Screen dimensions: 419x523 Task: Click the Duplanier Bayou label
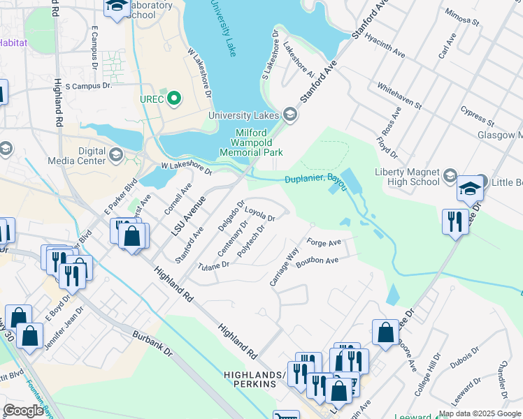click(315, 180)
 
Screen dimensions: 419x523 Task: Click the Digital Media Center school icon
click(116, 155)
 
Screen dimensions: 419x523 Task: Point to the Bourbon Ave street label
click(317, 262)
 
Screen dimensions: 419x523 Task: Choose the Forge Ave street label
click(323, 243)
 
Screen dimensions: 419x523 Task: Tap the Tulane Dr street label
click(213, 266)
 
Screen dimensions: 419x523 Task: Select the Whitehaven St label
click(399, 95)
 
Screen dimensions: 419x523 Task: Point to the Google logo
click(23, 411)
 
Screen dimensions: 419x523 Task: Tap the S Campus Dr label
click(88, 86)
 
